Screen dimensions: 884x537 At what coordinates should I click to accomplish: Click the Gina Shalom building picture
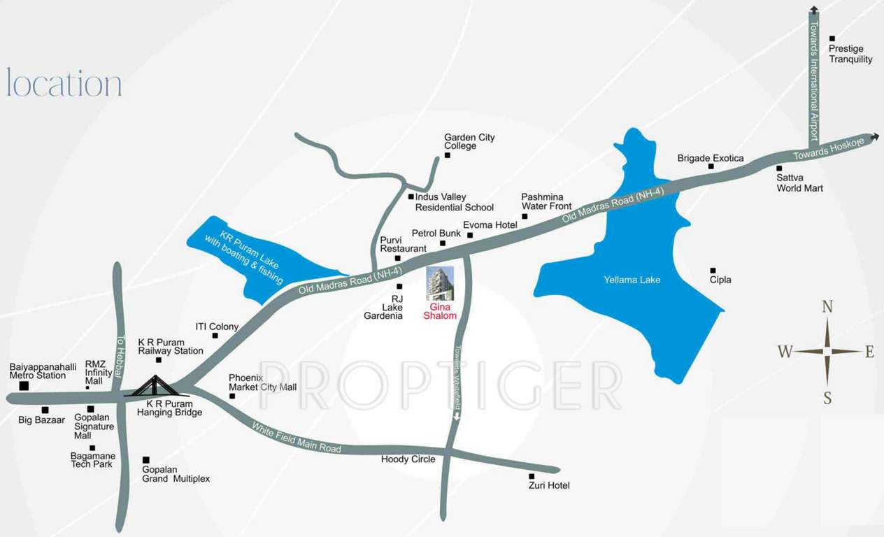tap(440, 283)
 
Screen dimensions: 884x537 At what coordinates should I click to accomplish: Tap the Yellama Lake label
tap(632, 280)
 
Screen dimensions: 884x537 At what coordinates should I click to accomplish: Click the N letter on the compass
tap(827, 307)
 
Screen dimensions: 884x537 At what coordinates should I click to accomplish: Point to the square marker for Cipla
tap(713, 270)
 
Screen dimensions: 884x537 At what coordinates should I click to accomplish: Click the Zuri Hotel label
tap(549, 485)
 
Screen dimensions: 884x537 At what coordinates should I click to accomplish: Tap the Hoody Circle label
tap(408, 459)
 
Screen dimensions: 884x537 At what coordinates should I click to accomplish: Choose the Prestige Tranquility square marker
tap(832, 38)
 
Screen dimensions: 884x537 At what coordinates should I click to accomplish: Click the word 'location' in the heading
tap(64, 83)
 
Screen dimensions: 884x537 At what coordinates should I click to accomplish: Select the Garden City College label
tap(469, 141)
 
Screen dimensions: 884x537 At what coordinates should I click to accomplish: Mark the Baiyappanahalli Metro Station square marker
tap(24, 385)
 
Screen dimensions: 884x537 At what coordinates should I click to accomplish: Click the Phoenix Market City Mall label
tap(262, 382)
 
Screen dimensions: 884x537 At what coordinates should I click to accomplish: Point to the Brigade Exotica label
tap(711, 158)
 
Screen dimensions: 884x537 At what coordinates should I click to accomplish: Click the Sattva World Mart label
tap(799, 183)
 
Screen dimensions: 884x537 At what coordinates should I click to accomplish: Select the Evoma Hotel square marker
tap(470, 235)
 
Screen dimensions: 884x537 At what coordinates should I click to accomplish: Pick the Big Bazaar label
tap(41, 420)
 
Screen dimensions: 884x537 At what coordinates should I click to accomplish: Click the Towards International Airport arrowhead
tap(813, 9)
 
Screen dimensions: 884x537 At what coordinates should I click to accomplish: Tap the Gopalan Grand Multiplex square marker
tap(145, 459)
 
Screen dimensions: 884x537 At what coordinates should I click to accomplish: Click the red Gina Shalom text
tap(440, 311)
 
